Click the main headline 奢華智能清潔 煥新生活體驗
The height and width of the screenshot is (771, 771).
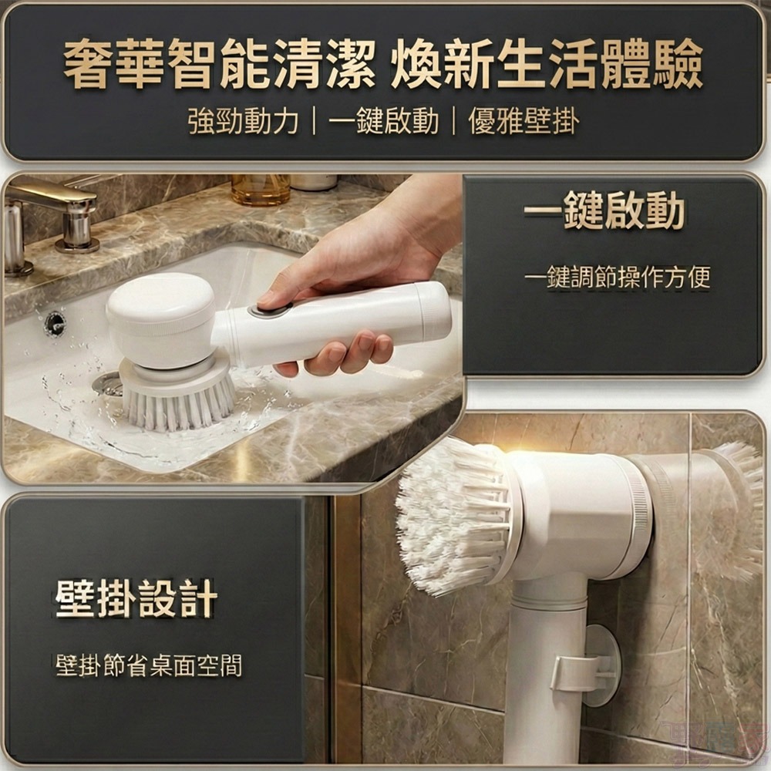click(383, 66)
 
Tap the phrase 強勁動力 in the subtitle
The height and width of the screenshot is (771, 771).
click(243, 122)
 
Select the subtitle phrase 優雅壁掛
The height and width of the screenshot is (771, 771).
click(524, 122)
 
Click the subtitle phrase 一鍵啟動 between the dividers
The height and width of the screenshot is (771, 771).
click(383, 122)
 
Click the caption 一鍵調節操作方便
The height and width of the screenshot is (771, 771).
click(617, 277)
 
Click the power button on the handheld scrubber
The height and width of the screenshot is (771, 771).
click(270, 311)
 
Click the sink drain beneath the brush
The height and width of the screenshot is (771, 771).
click(108, 383)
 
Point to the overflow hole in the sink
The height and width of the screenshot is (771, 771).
click(55, 323)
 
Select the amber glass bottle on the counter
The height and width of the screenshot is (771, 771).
click(261, 189)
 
